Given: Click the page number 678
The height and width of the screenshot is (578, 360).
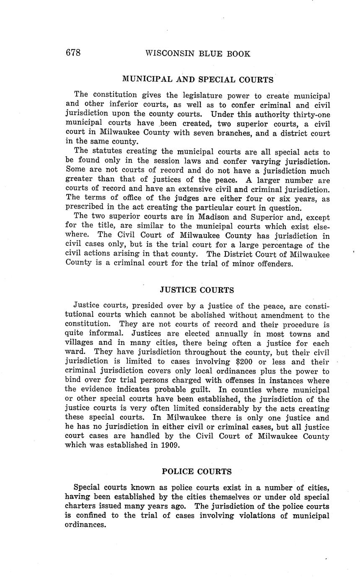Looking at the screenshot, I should (x=73, y=53).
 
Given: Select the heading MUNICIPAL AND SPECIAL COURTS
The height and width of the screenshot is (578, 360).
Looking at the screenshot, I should (x=197, y=79).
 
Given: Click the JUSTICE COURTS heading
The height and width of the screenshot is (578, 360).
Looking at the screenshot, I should (x=197, y=290).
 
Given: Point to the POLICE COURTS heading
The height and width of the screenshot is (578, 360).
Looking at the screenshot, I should (x=197, y=471).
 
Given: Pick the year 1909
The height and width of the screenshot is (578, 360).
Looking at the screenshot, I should (x=169, y=445).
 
